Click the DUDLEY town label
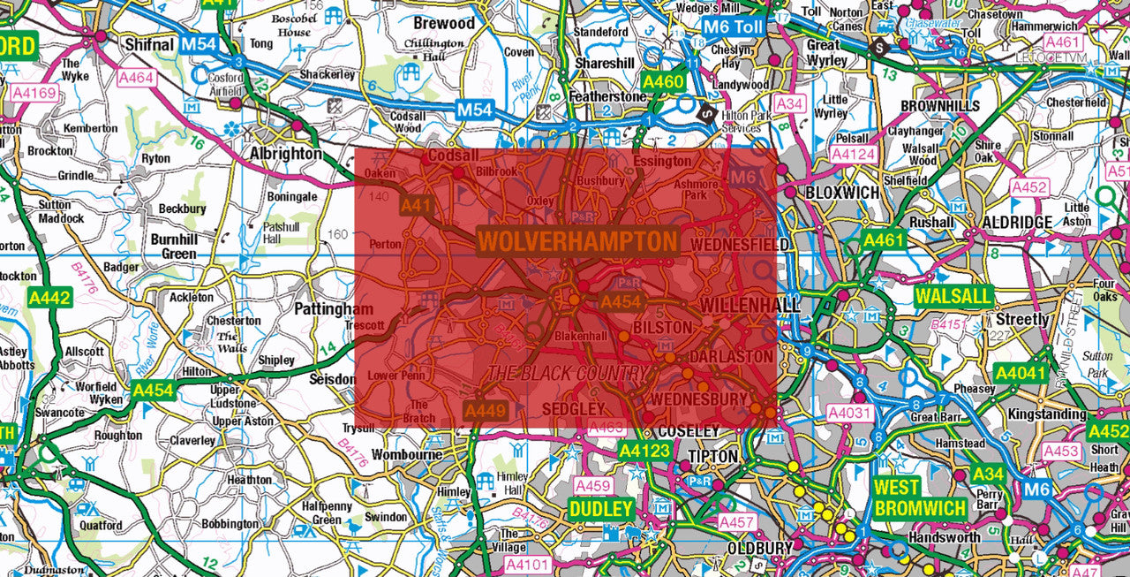pos(601,510)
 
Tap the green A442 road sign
pos(49,299)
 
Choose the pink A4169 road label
pos(34,92)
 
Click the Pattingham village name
pos(334,310)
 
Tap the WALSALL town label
pos(954,296)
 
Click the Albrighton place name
pos(285,153)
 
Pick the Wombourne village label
pos(407,454)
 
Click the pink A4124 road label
pos(853,155)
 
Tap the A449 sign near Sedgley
pos(485,410)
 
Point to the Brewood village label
pos(444,23)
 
